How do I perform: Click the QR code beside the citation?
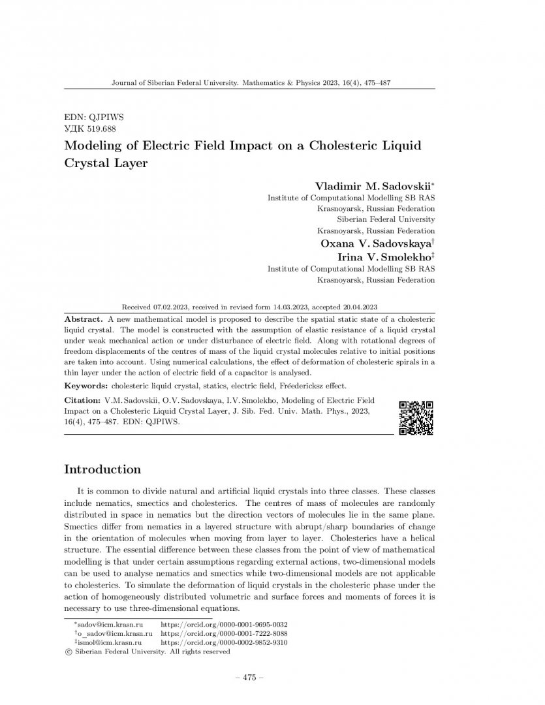(416, 417)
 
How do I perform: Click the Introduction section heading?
(102, 469)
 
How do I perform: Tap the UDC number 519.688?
(99, 129)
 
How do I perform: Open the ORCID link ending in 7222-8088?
(224, 633)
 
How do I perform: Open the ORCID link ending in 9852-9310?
(224, 642)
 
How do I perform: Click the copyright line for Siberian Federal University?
(147, 651)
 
